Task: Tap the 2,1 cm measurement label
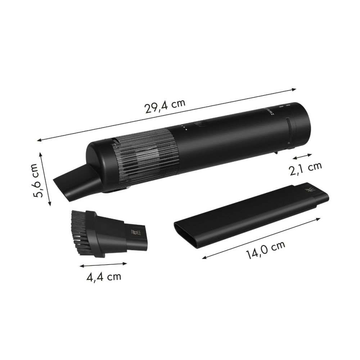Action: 305,168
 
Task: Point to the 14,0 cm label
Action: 266,249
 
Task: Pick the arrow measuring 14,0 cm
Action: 261,238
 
